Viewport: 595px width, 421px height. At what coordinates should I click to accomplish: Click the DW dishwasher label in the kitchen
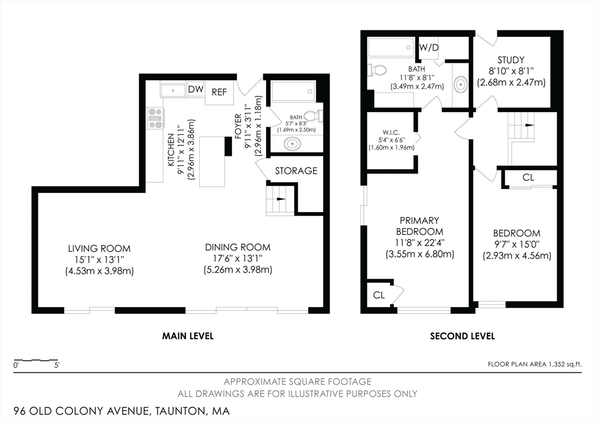tap(195, 90)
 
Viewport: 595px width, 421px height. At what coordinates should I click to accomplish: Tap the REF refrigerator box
tap(219, 92)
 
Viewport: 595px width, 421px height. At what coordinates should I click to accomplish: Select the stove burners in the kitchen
tap(156, 118)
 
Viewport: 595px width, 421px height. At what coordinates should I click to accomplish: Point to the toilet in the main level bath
tap(313, 115)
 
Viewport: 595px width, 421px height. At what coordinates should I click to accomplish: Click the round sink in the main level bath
tap(289, 143)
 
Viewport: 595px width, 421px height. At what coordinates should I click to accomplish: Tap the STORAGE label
tap(296, 171)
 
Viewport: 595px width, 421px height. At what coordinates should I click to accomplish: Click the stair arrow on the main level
tap(280, 198)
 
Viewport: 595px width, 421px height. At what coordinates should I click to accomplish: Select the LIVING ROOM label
tap(99, 248)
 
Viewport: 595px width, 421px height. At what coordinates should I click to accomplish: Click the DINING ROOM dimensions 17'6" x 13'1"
tap(238, 259)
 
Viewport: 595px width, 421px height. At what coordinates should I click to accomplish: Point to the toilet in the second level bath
tap(378, 70)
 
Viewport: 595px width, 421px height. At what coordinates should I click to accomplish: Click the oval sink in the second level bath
tap(460, 85)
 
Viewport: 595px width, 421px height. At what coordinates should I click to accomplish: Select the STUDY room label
tap(511, 60)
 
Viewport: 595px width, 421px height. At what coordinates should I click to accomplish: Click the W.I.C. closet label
tap(391, 131)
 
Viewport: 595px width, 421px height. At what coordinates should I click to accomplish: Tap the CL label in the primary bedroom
tap(379, 295)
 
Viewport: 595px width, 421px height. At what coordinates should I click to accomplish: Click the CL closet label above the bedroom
tap(528, 177)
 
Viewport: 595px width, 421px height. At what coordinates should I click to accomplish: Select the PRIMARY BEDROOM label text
tap(420, 226)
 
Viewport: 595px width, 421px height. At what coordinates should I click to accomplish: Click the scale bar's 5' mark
tap(56, 366)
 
